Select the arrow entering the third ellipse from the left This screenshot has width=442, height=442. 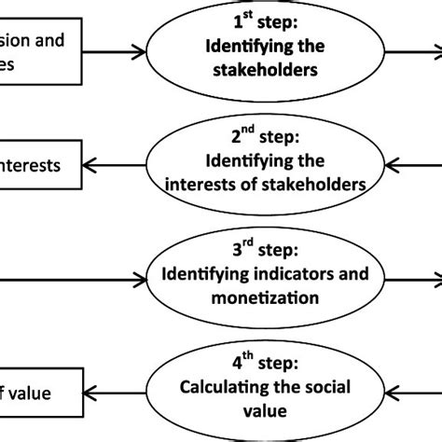pyautogui.click(x=75, y=277)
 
